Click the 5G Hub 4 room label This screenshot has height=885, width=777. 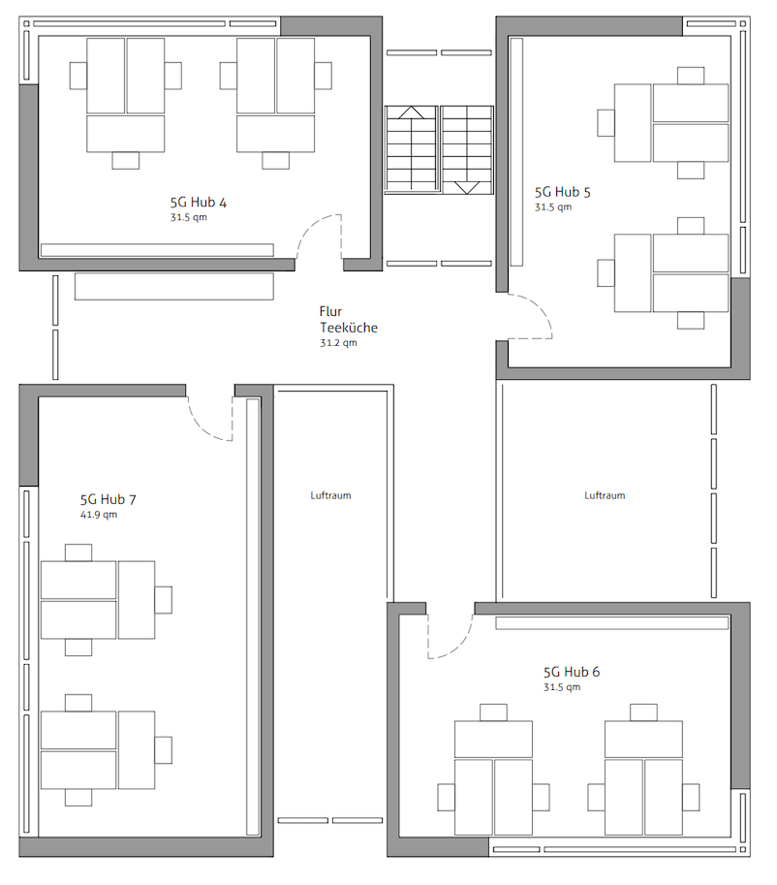[x=199, y=202]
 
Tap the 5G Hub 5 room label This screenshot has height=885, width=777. [x=563, y=192]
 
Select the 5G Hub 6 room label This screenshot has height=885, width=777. [x=572, y=672]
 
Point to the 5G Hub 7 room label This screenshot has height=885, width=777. [x=108, y=499]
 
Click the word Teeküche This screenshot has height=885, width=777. [x=349, y=328]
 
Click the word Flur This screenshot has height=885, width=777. [x=330, y=311]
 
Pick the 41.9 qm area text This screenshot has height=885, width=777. [x=99, y=515]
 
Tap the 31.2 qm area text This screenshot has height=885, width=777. [x=338, y=342]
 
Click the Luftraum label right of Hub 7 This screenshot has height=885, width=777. [x=330, y=495]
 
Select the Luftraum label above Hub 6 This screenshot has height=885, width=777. [x=605, y=495]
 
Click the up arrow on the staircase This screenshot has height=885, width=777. [x=411, y=112]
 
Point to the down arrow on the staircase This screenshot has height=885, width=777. [x=467, y=188]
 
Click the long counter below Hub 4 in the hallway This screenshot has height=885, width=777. [x=173, y=286]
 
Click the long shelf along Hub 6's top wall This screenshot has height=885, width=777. [x=611, y=623]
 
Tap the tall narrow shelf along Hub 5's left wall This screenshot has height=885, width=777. [x=516, y=152]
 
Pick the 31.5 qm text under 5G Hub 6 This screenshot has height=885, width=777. [x=562, y=687]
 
